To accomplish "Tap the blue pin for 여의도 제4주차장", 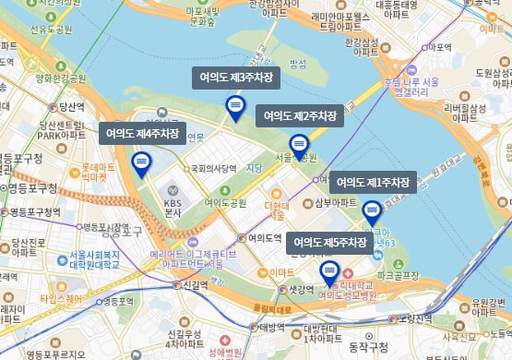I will (141, 164).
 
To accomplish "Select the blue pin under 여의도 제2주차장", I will (298, 146).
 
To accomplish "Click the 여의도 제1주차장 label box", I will (372, 183).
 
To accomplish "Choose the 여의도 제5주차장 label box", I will (330, 243).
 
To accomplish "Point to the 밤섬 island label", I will (298, 63).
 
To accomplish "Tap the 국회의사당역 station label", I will (214, 169).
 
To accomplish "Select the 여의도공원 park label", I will (226, 202).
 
